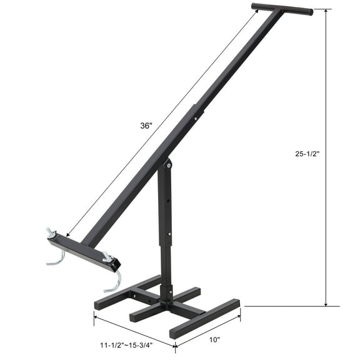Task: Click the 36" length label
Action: tap(146, 126)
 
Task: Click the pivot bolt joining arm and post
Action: tap(167, 164)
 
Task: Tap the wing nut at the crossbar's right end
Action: tap(107, 256)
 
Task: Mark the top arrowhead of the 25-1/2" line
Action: tap(326, 12)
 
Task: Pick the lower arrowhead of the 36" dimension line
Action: tap(67, 234)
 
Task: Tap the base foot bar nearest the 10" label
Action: tap(205, 319)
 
